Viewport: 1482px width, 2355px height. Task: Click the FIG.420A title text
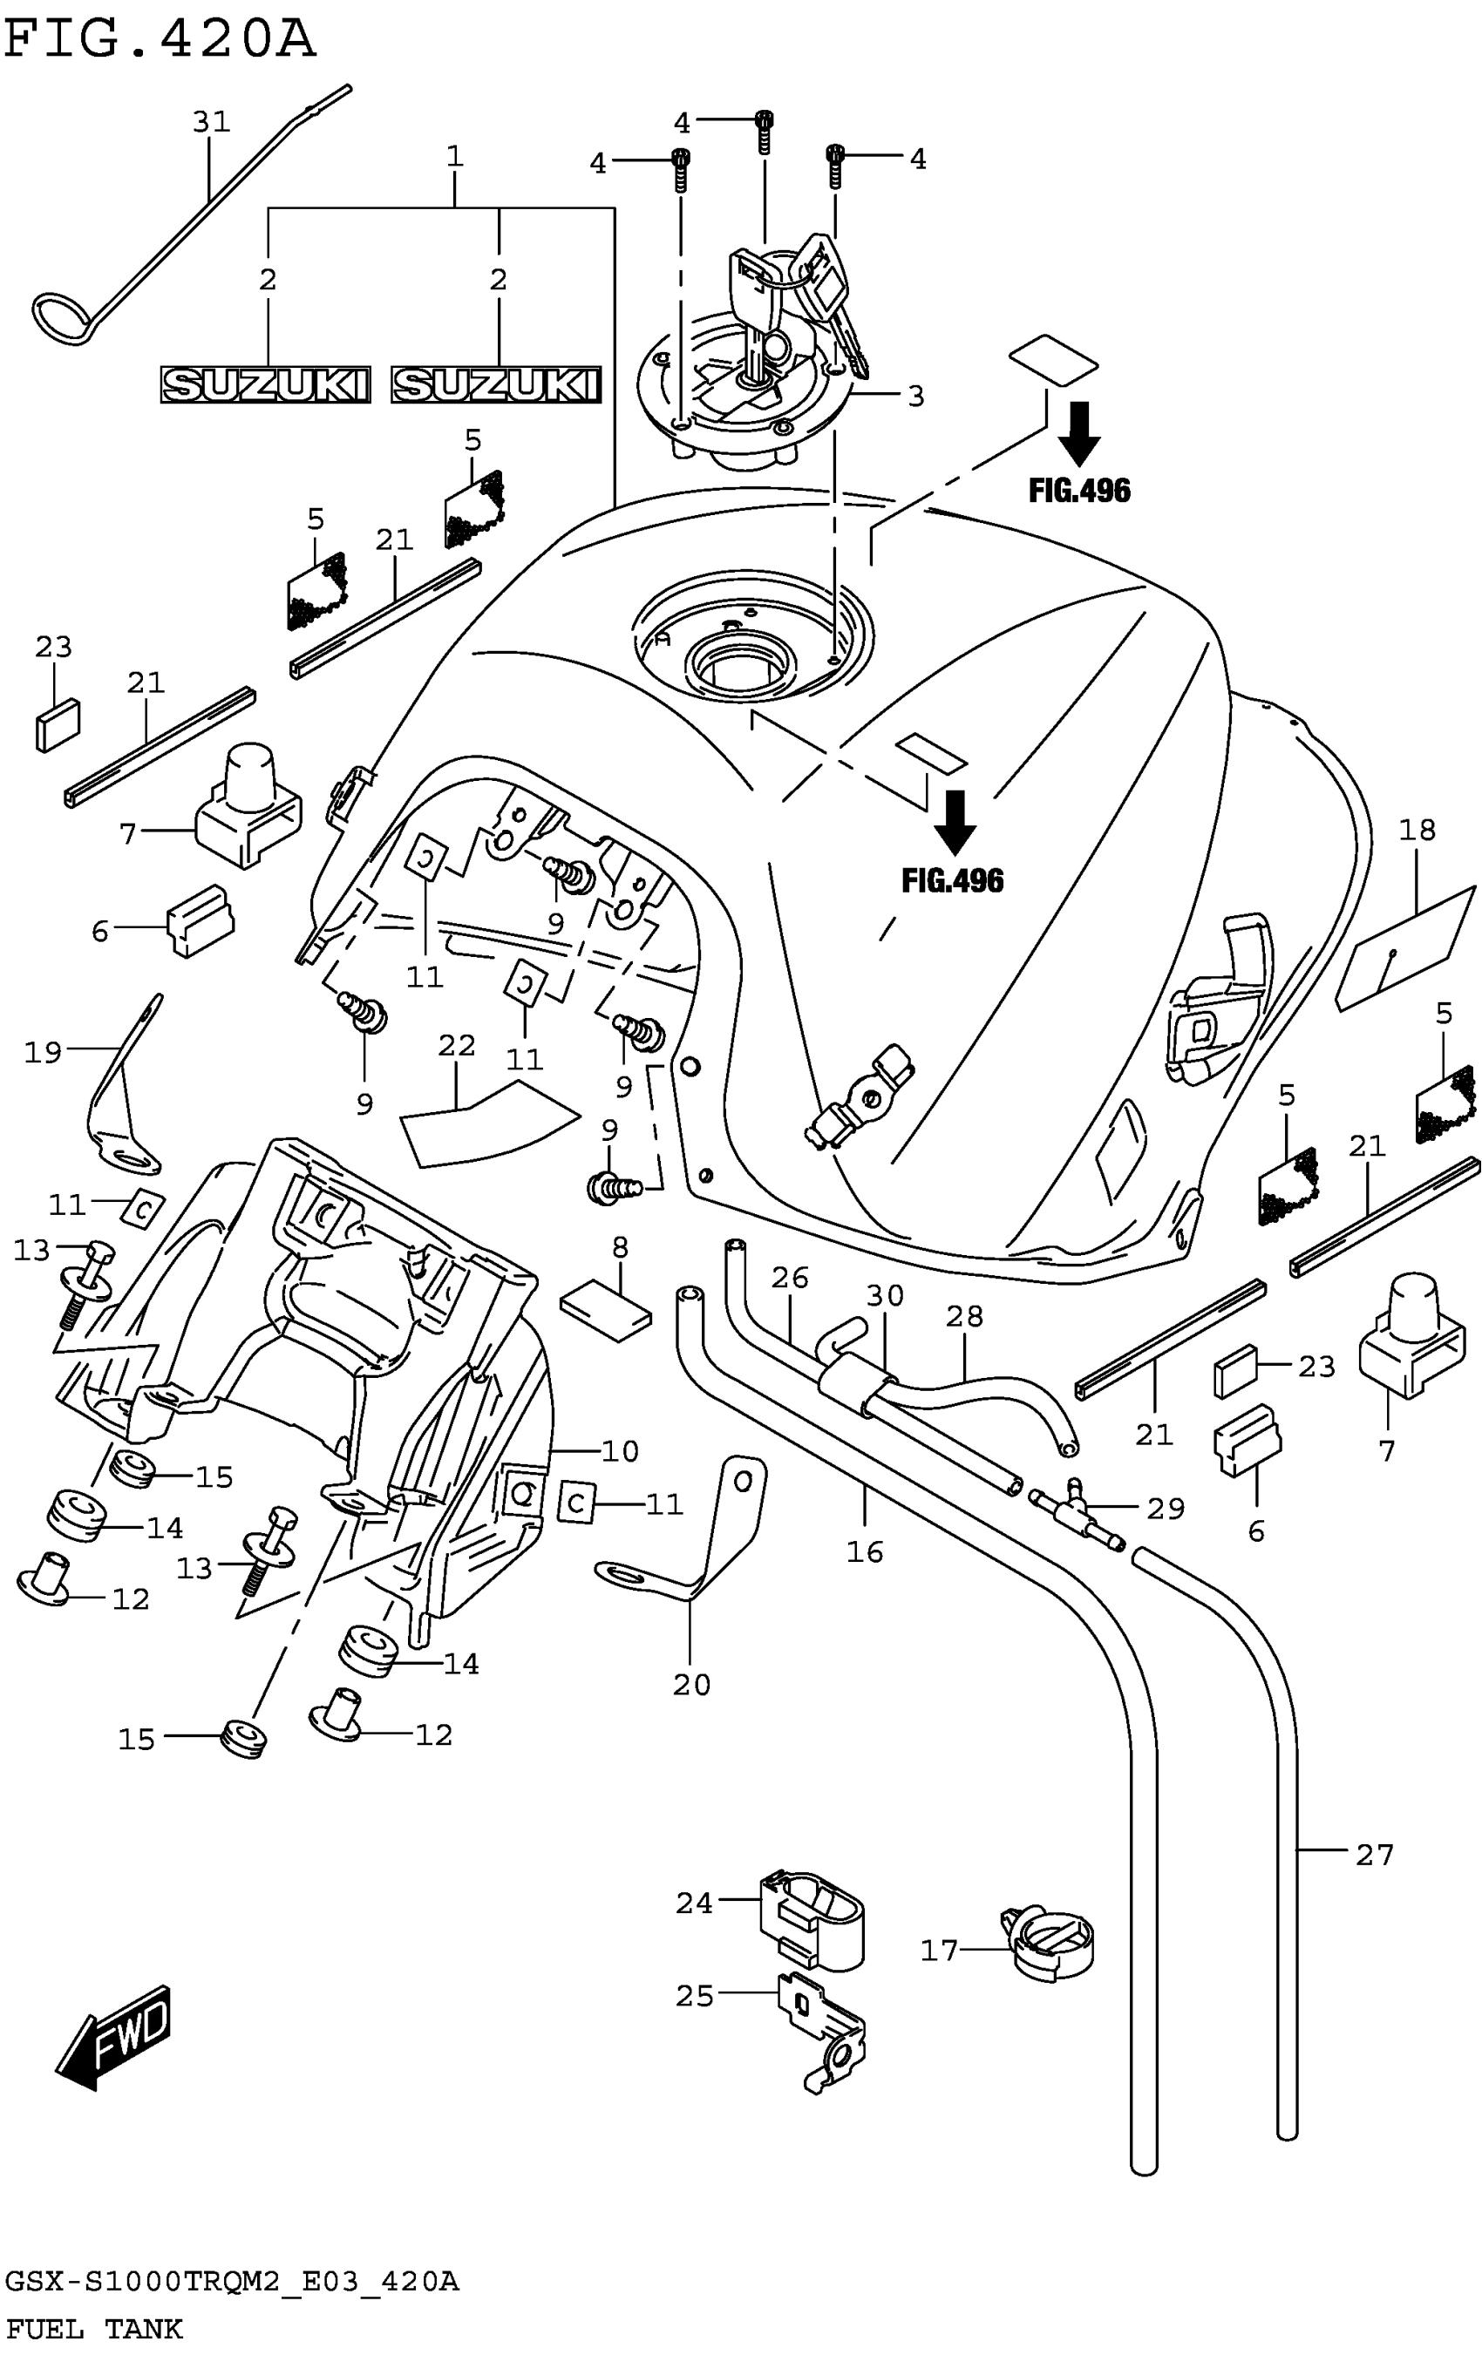[x=160, y=40]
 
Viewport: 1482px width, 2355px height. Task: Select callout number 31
[x=211, y=122]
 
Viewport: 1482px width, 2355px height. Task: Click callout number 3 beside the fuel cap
[x=915, y=396]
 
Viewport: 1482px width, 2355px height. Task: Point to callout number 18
[x=1417, y=831]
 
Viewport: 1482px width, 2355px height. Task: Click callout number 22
[x=456, y=1046]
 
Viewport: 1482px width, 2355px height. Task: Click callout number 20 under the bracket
[x=691, y=1685]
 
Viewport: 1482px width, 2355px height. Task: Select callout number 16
[x=865, y=1552]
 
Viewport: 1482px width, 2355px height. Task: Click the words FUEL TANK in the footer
[x=94, y=2330]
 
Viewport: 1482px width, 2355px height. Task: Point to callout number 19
[x=43, y=1052]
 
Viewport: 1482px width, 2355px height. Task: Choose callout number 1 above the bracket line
[x=454, y=157]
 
